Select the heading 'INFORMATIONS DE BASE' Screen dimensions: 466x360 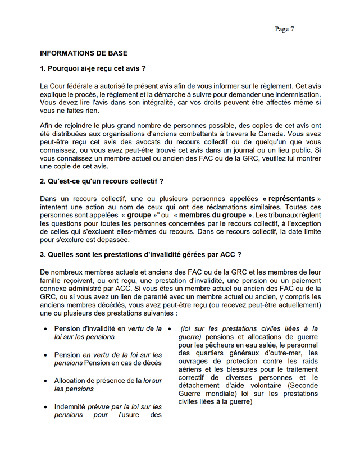pos(84,53)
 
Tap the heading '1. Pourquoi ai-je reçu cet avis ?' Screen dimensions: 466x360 pos(93,69)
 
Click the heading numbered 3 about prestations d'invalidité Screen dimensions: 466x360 pos(140,254)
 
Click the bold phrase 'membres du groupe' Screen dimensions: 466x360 pos(212,215)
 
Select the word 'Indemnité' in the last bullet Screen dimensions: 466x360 pos(71,407)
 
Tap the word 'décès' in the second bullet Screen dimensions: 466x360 pos(151,363)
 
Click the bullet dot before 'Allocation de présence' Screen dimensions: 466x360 pos(45,381)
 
